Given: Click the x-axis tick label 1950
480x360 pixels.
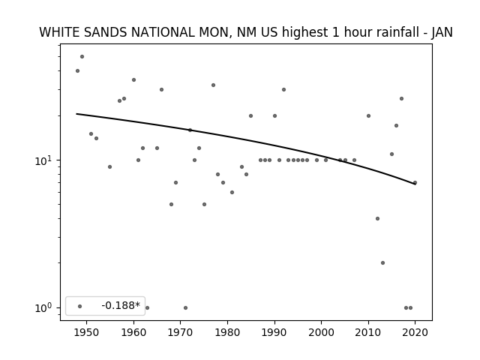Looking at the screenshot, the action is (x=87, y=332).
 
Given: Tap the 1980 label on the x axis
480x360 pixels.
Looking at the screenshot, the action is (x=227, y=332).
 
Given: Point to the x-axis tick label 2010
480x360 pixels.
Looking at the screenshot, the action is (x=368, y=332).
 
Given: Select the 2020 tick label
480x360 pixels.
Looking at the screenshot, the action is (x=415, y=332).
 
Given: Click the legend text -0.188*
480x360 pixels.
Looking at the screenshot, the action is (x=121, y=305).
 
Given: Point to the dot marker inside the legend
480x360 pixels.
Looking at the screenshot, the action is (x=80, y=306).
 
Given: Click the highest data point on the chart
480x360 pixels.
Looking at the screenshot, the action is (x=82, y=57).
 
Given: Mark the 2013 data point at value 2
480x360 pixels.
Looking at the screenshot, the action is (x=382, y=262).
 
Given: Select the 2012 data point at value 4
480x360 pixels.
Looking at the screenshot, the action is (x=377, y=218).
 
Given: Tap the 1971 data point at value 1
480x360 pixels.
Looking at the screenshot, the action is (x=185, y=307).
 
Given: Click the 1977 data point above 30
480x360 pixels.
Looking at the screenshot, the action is (x=213, y=85).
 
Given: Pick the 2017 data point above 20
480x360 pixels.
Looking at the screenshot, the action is (x=402, y=98).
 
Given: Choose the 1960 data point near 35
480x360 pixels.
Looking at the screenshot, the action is (x=133, y=80).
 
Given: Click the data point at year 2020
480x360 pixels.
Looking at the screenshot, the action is (x=415, y=183).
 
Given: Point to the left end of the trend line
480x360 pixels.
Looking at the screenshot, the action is (x=76, y=114).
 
